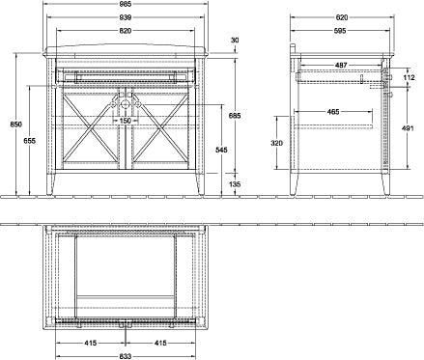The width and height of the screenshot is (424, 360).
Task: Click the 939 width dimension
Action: tap(126, 17)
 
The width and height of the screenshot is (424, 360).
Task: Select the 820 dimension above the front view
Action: tap(126, 31)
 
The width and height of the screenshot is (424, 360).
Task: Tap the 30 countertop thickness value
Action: tap(235, 41)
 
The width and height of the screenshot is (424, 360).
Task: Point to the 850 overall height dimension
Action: tap(15, 125)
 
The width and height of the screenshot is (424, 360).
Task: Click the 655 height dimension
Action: tap(29, 141)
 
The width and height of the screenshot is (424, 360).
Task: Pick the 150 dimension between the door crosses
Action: tap(126, 121)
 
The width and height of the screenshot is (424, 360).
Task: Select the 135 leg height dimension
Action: tap(236, 184)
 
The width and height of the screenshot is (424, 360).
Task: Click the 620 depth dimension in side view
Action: tap(342, 17)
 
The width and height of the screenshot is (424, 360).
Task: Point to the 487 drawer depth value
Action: tap(341, 66)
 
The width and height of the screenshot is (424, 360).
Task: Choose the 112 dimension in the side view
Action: tap(409, 77)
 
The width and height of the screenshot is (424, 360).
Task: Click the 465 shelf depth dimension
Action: tap(333, 112)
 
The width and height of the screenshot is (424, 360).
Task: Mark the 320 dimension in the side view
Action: tap(277, 143)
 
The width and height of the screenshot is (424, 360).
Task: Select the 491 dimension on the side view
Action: tap(408, 128)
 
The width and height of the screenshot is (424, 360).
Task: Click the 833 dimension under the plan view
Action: tap(126, 356)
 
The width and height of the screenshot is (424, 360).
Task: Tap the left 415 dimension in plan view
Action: tap(91, 343)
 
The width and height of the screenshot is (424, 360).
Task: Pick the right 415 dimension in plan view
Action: tap(160, 343)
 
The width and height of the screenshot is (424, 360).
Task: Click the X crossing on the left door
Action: tap(90, 129)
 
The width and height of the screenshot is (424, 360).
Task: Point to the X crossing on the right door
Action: tap(160, 129)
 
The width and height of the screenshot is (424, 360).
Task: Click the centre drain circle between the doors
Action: tap(126, 104)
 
